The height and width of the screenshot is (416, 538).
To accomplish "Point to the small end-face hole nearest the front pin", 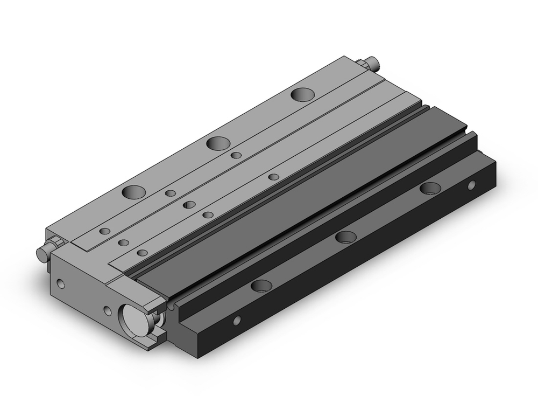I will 60,282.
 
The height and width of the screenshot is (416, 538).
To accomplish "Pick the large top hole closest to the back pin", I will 303,94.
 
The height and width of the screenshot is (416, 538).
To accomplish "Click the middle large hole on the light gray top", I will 218,143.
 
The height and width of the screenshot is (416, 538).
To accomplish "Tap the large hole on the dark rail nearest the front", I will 261,285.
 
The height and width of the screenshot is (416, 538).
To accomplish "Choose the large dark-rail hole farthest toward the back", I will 430,188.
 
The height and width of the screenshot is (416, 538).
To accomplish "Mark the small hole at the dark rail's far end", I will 471,185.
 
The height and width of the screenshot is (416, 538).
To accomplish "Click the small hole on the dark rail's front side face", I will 236,321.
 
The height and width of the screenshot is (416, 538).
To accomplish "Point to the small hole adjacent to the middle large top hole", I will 236,155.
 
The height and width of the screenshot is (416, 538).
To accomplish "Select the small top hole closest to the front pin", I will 105,231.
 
